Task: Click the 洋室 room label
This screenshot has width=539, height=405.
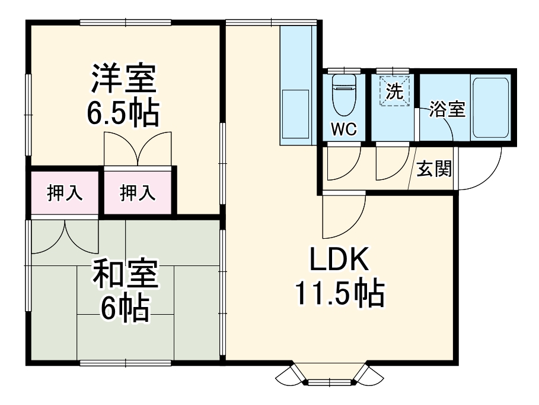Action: [x=123, y=79]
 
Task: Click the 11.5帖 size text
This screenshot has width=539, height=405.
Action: [x=340, y=293]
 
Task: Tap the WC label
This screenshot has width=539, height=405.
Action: [x=344, y=130]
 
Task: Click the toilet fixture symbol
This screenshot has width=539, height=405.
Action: [x=343, y=95]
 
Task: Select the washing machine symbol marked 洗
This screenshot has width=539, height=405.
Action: [x=394, y=92]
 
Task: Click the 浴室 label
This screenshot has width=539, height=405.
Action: [x=446, y=110]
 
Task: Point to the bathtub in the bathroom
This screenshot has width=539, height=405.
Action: [x=490, y=107]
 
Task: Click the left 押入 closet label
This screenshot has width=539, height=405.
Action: [x=64, y=192]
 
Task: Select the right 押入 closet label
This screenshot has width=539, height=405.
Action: [x=138, y=192]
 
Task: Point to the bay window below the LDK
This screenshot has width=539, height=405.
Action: [x=331, y=374]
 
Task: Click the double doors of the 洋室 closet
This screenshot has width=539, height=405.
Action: [x=138, y=148]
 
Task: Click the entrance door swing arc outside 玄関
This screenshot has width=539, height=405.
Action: [x=480, y=172]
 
